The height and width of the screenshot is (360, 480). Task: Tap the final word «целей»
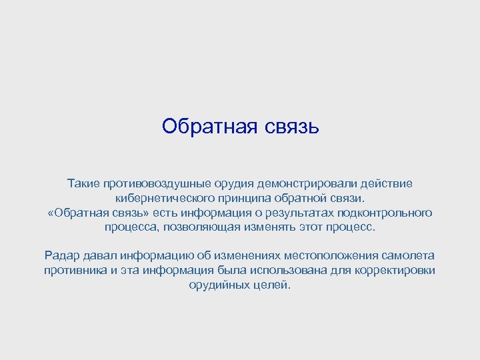point(274,285)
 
